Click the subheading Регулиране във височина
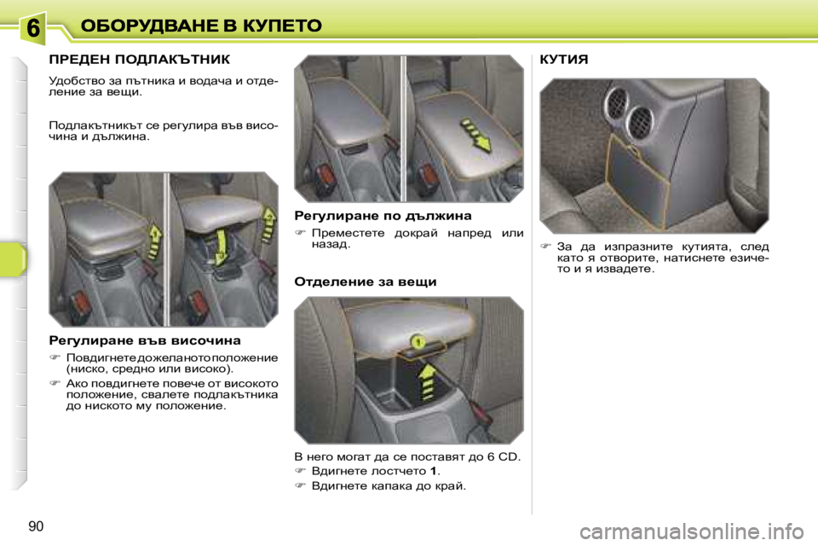[144, 340]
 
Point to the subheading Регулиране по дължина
[383, 216]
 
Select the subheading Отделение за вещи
[365, 281]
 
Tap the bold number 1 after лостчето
[434, 470]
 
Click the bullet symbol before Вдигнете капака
[300, 485]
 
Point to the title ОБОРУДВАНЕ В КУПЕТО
[201, 26]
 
